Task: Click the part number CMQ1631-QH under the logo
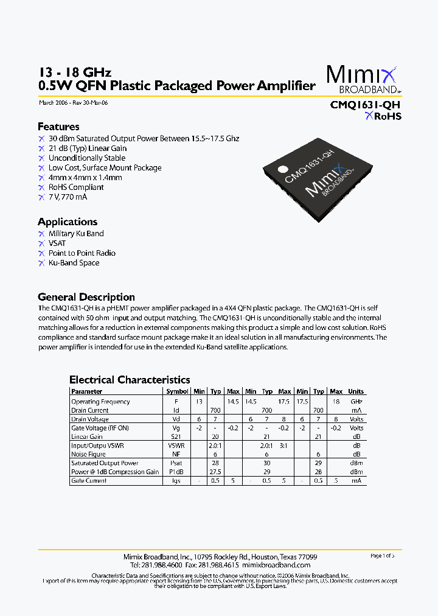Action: (365, 104)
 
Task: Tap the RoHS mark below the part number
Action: (383, 116)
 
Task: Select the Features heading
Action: (58, 127)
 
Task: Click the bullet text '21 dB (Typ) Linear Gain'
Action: (88, 148)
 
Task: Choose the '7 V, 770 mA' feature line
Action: (68, 197)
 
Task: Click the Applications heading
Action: (68, 222)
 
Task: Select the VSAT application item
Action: (57, 243)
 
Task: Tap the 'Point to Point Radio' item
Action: (82, 253)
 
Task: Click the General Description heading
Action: (86, 297)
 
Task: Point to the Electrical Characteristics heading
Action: (130, 380)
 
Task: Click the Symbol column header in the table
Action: (177, 391)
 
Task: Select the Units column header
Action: (356, 391)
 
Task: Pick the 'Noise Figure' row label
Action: (88, 454)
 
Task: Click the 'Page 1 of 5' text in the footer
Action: (383, 556)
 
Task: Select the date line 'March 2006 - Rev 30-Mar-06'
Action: (73, 102)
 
